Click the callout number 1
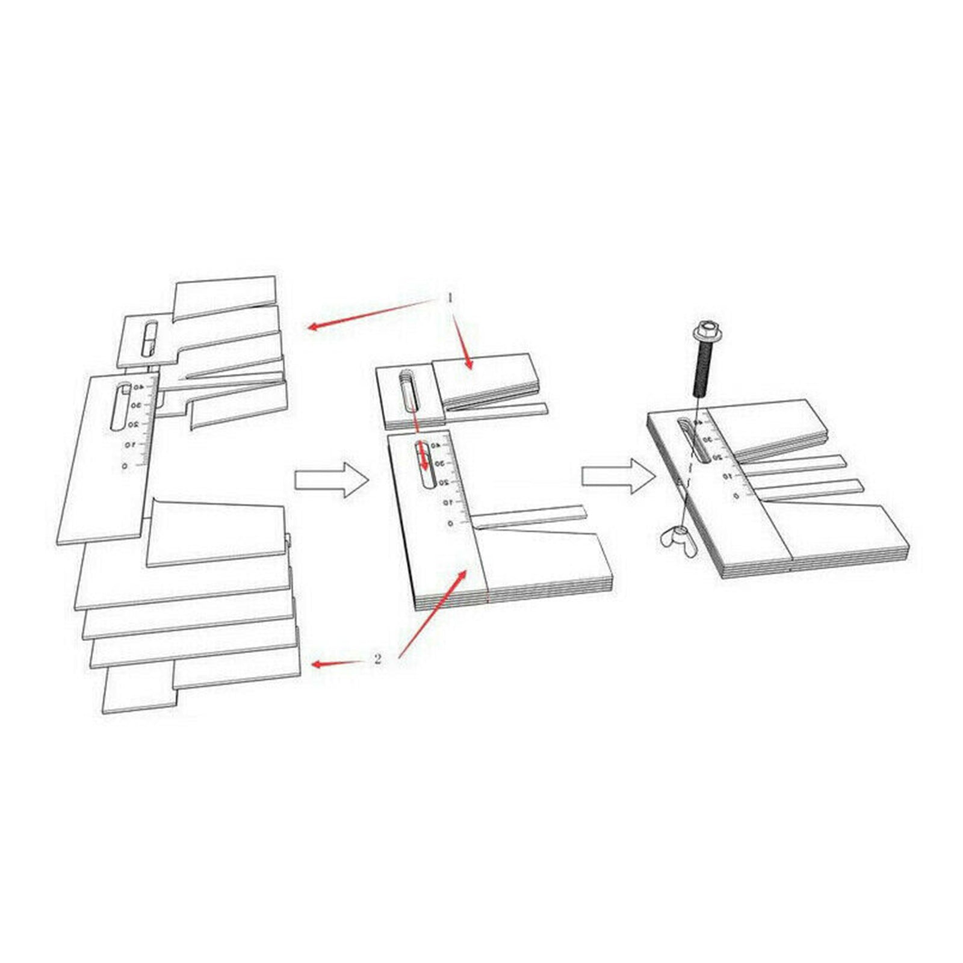449,297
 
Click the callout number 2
377,659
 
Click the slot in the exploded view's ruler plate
119,406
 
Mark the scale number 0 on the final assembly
735,495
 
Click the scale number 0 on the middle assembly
450,524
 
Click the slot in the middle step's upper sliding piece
407,391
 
